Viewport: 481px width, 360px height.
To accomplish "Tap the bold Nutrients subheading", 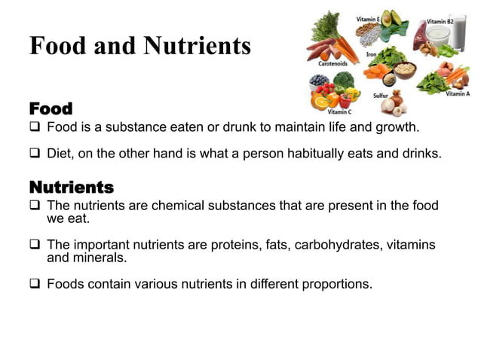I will [71, 186].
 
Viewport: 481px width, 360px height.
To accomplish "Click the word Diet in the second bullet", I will [60, 153].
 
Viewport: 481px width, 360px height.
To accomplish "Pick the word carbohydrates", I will [339, 245].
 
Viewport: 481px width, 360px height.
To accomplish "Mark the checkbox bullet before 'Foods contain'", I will [35, 284].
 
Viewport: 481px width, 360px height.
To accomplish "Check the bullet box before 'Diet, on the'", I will [35, 153].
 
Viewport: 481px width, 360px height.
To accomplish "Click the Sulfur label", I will [381, 96].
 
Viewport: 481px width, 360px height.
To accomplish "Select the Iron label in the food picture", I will [371, 54].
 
